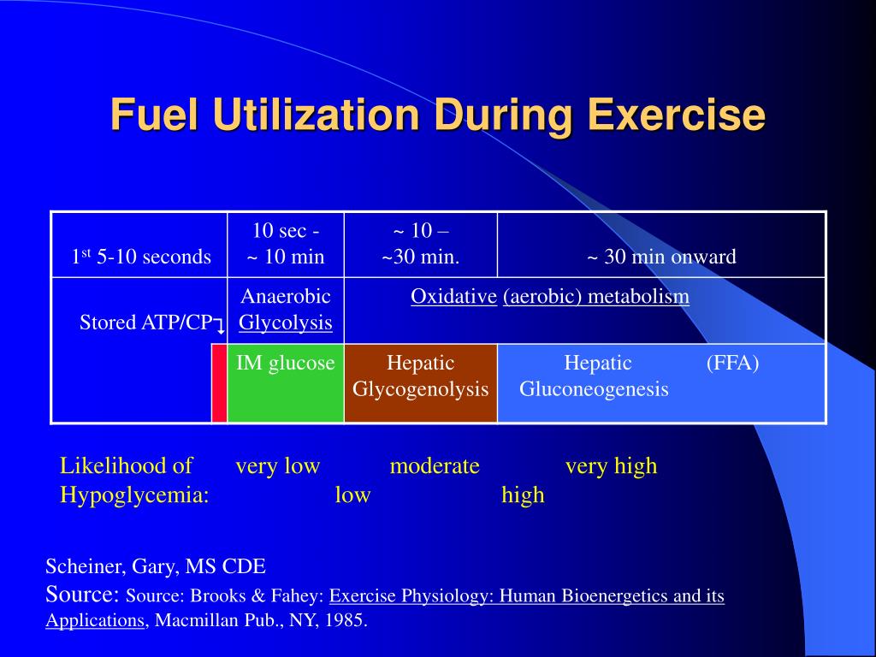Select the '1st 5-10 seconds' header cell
[140, 257]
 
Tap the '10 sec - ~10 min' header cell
[286, 244]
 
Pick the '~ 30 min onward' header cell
[661, 257]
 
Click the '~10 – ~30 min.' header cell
[420, 244]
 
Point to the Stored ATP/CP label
[145, 323]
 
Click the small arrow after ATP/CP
[220, 325]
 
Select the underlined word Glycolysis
[286, 323]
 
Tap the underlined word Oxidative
[453, 297]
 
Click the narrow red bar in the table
[219, 383]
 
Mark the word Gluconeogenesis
[594, 389]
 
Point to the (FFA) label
[732, 364]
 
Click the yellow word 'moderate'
[435, 466]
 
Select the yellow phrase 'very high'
[611, 466]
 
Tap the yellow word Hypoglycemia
[134, 494]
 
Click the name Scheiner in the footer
[81, 566]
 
